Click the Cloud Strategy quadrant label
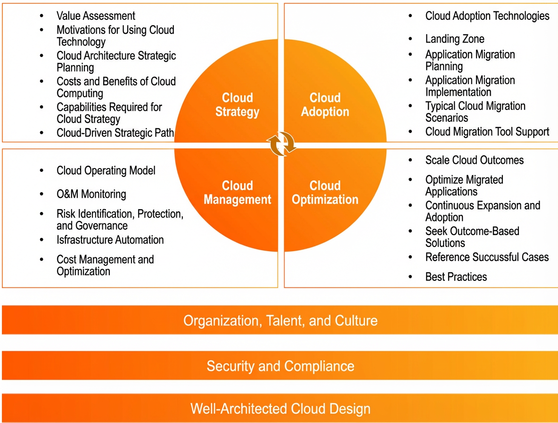point(238,104)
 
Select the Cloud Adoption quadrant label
point(325,104)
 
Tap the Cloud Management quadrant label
point(238,193)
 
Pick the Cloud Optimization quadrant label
point(325,193)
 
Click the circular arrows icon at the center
point(281,144)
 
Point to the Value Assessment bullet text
point(96,16)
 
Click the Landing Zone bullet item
point(455,39)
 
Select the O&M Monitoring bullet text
point(91,194)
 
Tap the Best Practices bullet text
point(456,277)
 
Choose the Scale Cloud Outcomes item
point(475,160)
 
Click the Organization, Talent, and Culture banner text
point(280,321)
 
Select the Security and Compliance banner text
point(280,366)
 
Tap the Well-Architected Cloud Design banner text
point(280,408)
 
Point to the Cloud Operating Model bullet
point(106,170)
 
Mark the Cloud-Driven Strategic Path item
point(115,133)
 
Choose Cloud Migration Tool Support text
point(487,132)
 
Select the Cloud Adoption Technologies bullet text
point(487,16)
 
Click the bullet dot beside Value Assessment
point(41,16)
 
